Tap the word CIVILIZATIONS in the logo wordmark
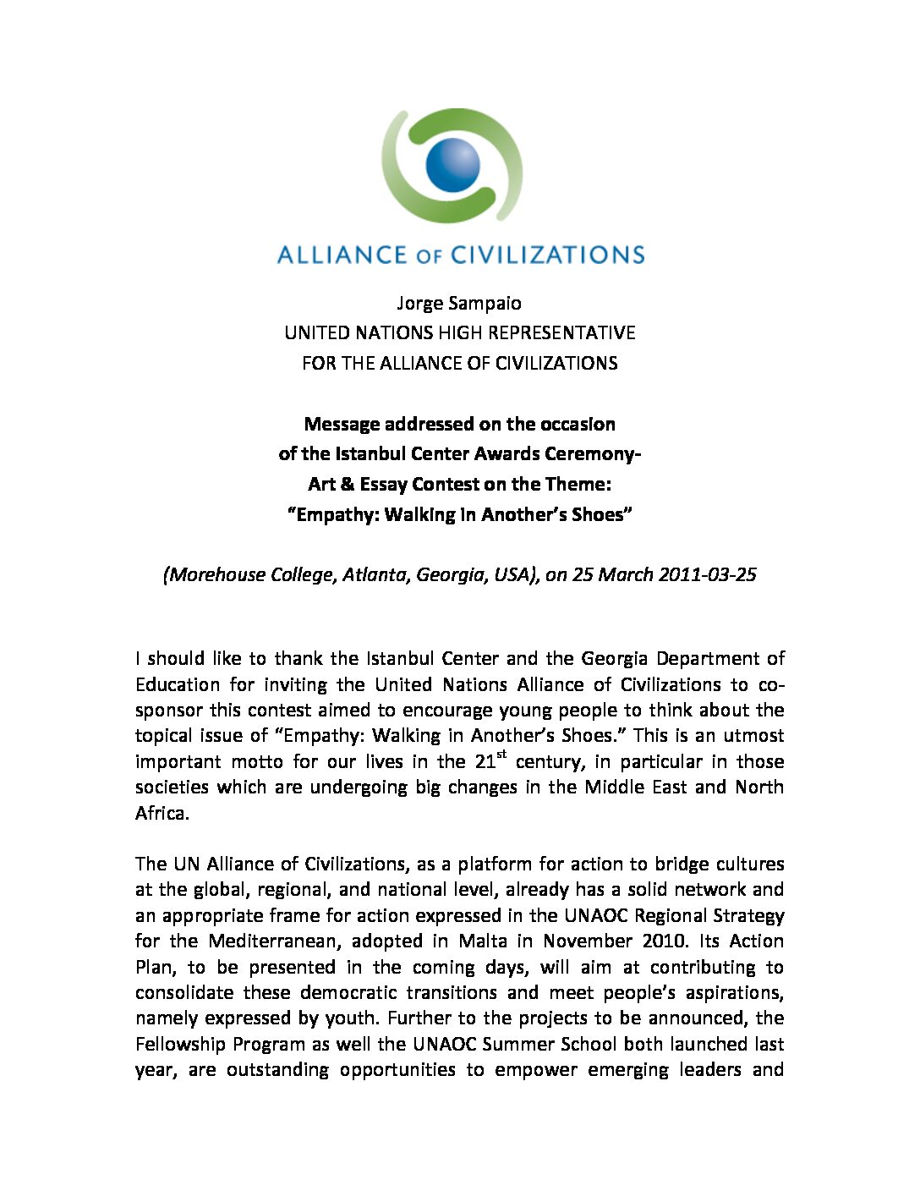(x=547, y=255)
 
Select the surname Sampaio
(x=488, y=302)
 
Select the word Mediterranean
(x=276, y=941)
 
